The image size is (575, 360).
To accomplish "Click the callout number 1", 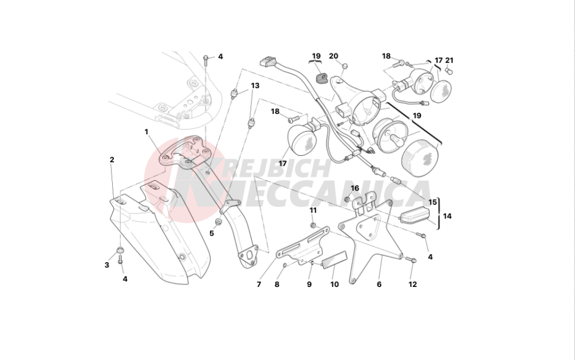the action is click(x=146, y=132).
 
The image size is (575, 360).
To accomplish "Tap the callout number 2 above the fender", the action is click(x=112, y=159).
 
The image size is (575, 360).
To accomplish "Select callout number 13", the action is click(x=255, y=86).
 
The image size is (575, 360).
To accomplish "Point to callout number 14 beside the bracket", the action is click(x=447, y=216).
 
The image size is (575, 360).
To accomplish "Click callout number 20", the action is click(x=333, y=56).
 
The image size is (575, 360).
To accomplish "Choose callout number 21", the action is click(x=449, y=60).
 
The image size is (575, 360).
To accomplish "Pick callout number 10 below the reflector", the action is click(x=335, y=284).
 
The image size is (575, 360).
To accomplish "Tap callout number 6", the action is click(x=379, y=284).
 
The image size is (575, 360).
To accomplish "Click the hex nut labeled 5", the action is click(x=218, y=222).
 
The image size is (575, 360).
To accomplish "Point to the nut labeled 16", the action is click(x=347, y=200).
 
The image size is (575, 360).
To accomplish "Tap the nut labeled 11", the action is click(x=313, y=225).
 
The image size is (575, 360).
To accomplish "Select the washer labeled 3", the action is click(x=120, y=251).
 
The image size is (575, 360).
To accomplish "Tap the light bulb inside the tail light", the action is click(x=394, y=140).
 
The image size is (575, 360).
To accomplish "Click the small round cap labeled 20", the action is click(x=344, y=66).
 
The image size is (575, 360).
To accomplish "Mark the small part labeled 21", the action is click(x=448, y=71).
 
